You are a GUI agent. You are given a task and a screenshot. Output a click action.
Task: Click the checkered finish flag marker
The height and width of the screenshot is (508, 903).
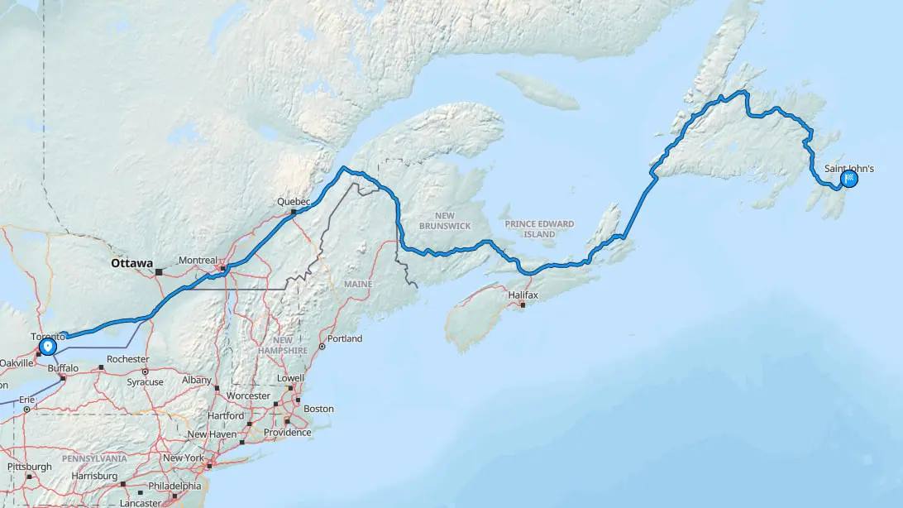(x=849, y=178)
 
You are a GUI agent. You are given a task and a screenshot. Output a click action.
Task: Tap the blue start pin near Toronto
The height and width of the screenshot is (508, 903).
(x=48, y=345)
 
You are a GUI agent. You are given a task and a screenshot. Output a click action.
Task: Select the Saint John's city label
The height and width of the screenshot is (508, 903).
(x=848, y=168)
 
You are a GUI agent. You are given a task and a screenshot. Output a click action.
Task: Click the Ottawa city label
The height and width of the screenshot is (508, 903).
(x=131, y=263)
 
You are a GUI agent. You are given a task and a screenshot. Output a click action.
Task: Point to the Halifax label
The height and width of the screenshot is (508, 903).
(x=523, y=295)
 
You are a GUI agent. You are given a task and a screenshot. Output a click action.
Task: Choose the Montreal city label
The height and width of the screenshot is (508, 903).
(x=198, y=260)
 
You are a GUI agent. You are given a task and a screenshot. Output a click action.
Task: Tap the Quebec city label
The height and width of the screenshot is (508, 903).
(x=293, y=202)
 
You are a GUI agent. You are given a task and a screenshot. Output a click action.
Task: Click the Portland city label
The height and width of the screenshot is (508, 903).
(x=344, y=338)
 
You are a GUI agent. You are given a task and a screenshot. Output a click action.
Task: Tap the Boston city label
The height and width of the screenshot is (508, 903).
(x=318, y=409)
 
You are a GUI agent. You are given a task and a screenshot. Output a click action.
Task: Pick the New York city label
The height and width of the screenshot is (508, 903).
(x=184, y=458)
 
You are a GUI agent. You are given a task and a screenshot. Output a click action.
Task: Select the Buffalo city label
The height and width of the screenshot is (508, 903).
(x=63, y=368)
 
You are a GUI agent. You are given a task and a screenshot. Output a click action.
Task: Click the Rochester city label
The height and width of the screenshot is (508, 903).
(x=127, y=359)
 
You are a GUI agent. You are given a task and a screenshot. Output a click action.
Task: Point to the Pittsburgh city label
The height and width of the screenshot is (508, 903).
(x=30, y=467)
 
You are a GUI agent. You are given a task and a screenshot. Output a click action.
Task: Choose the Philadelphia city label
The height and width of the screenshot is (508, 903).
(x=174, y=486)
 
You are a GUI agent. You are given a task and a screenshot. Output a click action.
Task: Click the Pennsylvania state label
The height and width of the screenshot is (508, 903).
(x=94, y=458)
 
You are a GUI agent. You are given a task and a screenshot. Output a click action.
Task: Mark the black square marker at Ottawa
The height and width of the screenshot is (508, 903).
(x=158, y=271)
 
